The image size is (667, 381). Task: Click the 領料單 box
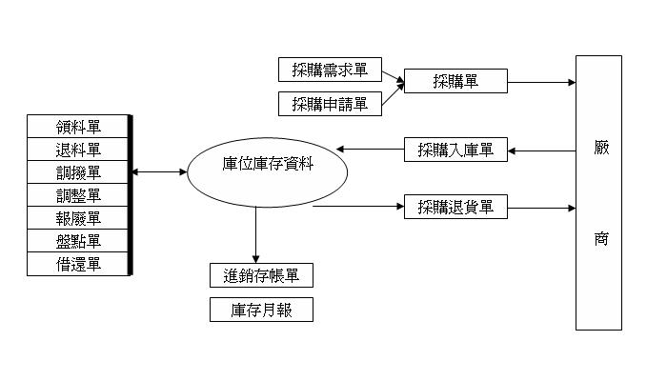tap(78, 127)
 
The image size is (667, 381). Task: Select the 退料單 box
tap(78, 150)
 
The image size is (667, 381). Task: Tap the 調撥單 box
tap(78, 172)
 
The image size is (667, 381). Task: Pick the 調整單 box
tap(78, 195)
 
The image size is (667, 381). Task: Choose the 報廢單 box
tap(78, 218)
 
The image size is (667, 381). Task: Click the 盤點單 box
tap(78, 241)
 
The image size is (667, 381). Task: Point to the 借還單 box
tap(78, 264)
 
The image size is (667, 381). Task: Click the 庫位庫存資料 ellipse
tap(266, 173)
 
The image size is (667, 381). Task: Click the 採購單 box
tap(455, 81)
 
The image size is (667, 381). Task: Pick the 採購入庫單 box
tap(456, 150)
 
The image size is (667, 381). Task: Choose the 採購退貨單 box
tap(456, 206)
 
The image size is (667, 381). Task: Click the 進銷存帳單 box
tap(261, 276)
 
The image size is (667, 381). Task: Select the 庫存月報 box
tap(261, 311)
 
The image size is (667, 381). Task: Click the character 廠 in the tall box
tap(599, 150)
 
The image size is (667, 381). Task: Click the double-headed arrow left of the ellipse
tap(160, 172)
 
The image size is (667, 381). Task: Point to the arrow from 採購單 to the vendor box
tap(541, 82)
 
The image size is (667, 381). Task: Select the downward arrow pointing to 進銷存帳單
tap(255, 232)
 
